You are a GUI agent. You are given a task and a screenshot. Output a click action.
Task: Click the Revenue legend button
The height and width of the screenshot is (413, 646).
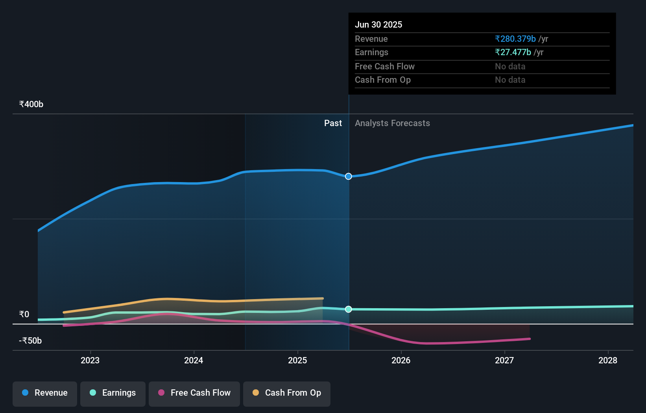pos(45,393)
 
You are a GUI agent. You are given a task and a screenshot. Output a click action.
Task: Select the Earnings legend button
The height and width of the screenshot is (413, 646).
pos(113,393)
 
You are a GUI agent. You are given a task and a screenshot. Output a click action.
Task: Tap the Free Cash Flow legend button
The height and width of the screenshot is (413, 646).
pos(194,393)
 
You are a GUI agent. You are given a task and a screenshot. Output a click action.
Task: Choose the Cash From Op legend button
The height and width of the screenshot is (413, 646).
pos(287,393)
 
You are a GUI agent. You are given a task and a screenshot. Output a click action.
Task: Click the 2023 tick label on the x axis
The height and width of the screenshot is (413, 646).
pos(90,360)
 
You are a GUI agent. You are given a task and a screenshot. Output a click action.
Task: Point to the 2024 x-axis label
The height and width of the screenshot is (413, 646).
pos(194,360)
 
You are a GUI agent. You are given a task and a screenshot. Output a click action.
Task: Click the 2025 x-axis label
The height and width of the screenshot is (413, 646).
pos(297,360)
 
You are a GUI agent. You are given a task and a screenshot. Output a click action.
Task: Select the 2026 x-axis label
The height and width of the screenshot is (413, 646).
pos(401,360)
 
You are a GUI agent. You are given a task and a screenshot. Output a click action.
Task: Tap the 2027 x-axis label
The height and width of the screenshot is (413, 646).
pos(504,360)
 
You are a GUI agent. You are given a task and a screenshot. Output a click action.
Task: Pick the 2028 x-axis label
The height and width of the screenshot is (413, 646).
pos(608,360)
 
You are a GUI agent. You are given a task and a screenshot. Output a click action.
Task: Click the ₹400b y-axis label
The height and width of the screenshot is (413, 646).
pos(31,104)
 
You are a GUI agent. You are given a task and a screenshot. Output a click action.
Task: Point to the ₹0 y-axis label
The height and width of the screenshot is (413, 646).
pos(24,314)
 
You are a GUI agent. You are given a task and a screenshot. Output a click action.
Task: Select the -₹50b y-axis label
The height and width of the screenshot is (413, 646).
pos(30,340)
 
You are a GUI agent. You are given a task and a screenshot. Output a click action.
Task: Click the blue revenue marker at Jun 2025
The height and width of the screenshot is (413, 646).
pos(349,176)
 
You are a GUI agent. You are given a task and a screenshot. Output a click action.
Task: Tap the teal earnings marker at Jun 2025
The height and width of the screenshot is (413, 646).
pos(349,309)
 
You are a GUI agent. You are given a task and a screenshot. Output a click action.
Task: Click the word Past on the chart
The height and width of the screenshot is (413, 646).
pos(333,123)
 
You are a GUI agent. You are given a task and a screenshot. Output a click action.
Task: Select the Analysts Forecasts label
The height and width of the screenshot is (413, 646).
pos(392,123)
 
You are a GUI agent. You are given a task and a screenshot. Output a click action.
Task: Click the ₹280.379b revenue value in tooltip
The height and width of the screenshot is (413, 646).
pos(515,39)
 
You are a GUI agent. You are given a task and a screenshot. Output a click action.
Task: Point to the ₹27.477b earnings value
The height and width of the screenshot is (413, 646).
pos(513,52)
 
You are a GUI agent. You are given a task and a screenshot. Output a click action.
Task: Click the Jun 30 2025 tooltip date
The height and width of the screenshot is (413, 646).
pos(378,24)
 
